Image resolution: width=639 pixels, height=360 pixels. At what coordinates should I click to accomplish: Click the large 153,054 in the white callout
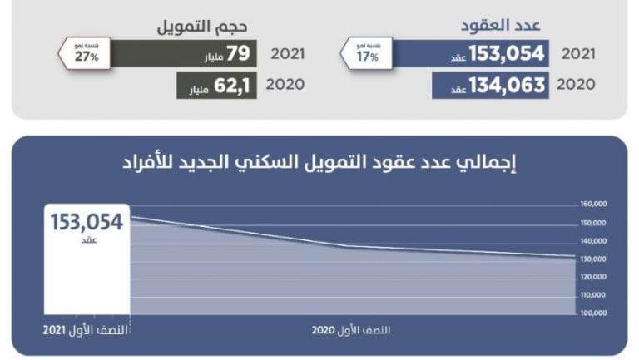[87, 222]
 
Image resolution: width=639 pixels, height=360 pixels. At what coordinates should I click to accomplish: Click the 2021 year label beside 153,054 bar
[577, 54]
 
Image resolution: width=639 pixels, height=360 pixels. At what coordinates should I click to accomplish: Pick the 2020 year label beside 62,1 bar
[289, 85]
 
